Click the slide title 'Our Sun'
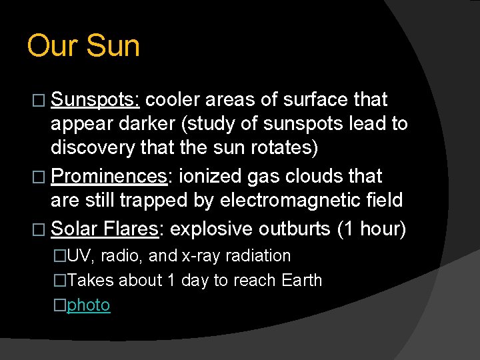[x=83, y=47]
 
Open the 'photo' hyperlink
[x=89, y=305]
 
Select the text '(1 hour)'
[x=371, y=229]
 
